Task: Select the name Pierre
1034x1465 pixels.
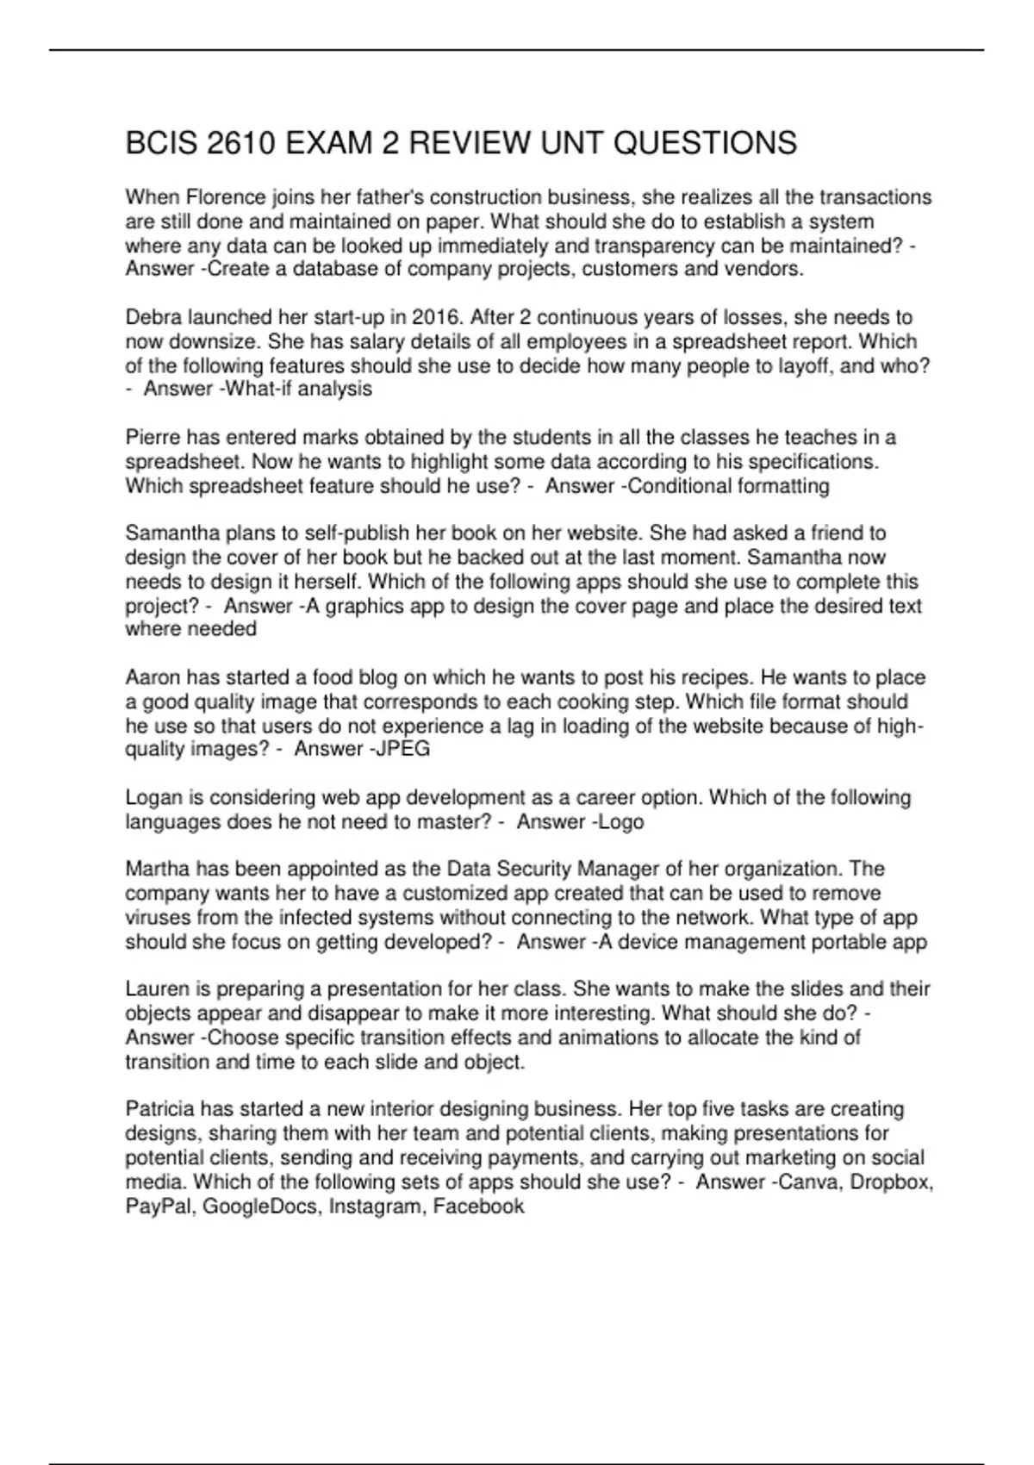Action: (153, 437)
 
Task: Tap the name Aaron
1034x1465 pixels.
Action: (153, 677)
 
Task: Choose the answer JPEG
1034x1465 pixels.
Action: (402, 749)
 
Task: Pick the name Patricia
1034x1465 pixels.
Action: (160, 1108)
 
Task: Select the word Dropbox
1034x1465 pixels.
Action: (892, 1181)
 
